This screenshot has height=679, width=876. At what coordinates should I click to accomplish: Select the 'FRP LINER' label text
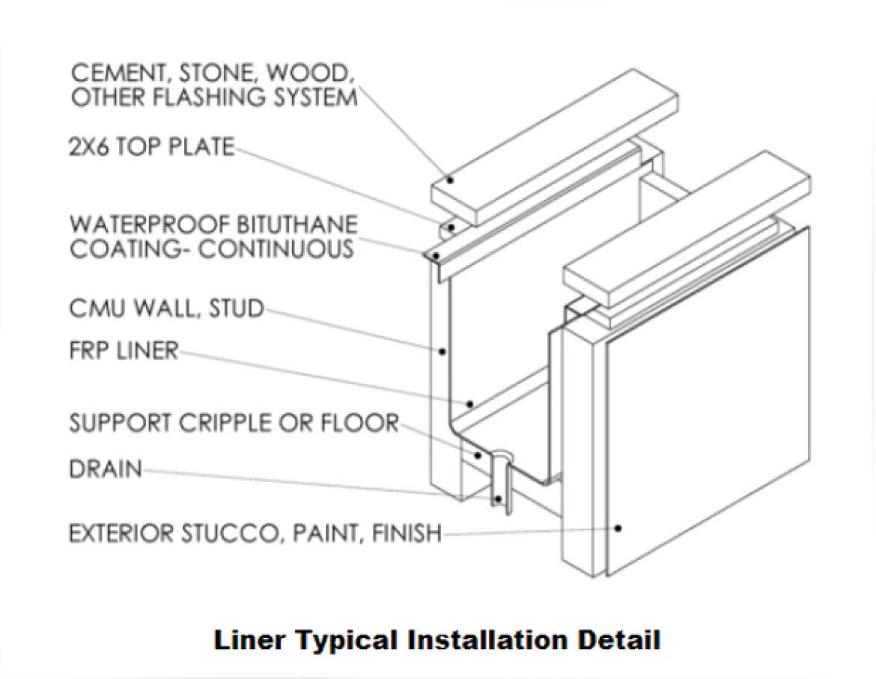[x=124, y=350]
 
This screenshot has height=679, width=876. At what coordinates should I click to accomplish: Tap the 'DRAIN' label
[x=106, y=469]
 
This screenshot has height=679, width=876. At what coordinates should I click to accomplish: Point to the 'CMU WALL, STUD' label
[x=166, y=308]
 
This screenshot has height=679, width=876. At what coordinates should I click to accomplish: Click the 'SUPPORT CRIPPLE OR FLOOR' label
[x=234, y=422]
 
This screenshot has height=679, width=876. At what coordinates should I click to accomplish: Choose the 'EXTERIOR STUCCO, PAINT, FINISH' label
[x=255, y=534]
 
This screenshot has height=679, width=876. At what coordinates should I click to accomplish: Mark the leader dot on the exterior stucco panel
[x=618, y=528]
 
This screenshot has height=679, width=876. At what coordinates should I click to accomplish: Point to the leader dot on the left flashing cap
[x=450, y=180]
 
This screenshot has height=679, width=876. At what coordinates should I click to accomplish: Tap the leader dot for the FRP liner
[x=469, y=404]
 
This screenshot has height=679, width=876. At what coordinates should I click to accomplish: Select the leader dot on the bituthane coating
[x=435, y=257]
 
